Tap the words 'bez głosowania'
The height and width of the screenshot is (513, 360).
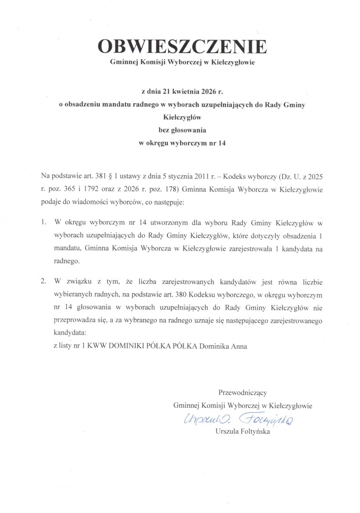pos(182,131)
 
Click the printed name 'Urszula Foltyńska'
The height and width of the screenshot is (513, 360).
pos(242,431)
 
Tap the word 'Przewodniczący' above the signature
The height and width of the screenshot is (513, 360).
pos(242,392)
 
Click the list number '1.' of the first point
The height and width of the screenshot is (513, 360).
pos(44,221)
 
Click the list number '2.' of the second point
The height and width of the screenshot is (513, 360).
pos(44,281)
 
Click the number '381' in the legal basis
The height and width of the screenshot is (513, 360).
pos(105,177)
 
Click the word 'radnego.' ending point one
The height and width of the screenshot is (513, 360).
pos(67,261)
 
